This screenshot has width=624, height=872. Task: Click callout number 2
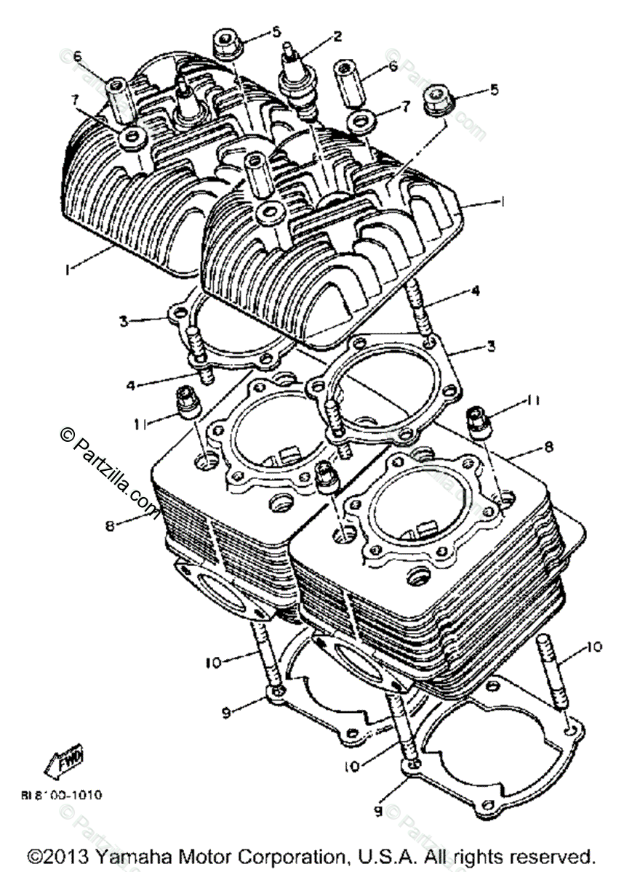[337, 34]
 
